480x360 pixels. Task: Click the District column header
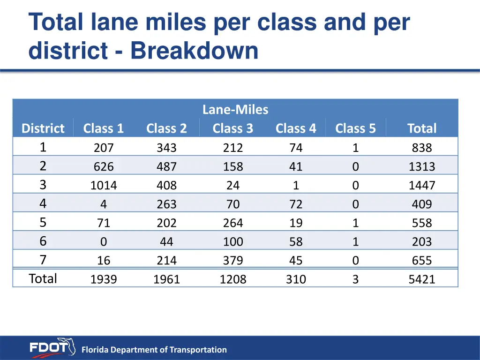[x=43, y=128]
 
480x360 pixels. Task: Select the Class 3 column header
[x=232, y=128]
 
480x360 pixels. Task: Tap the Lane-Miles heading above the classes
[x=235, y=110]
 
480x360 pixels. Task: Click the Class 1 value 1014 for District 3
[x=104, y=186]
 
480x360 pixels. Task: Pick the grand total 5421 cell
[x=422, y=279]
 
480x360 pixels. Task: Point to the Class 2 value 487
[x=166, y=167]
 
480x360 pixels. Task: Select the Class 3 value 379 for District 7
[x=233, y=261]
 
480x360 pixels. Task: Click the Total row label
[x=43, y=278]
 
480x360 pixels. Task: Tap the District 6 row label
[x=43, y=241]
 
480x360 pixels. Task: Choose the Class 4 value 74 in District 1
[x=296, y=148]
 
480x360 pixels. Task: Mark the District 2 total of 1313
[x=422, y=167]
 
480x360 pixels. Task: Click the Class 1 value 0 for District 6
[x=104, y=242]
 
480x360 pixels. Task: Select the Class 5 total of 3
[x=355, y=279]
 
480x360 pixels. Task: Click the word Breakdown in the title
[x=194, y=51]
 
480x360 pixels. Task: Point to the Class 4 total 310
[x=296, y=279]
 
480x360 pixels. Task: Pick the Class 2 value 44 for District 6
[x=166, y=242]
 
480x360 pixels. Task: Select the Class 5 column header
[x=355, y=128]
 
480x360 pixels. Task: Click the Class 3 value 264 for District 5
[x=233, y=223]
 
